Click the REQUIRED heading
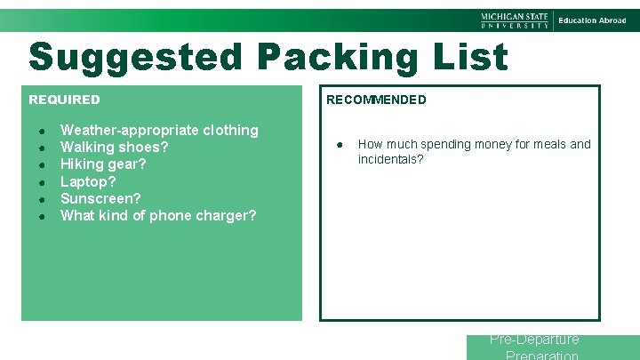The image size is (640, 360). pyautogui.click(x=65, y=100)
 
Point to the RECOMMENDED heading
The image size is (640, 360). pyautogui.click(x=376, y=100)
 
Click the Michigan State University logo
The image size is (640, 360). pyautogui.click(x=516, y=20)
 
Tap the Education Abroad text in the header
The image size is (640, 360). pyautogui.click(x=592, y=20)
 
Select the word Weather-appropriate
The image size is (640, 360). pyautogui.click(x=129, y=130)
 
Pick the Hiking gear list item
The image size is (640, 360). pyautogui.click(x=103, y=164)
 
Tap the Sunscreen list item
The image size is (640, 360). pyautogui.click(x=100, y=198)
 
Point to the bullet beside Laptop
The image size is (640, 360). pyautogui.click(x=42, y=182)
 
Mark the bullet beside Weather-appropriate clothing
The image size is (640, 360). pyautogui.click(x=42, y=131)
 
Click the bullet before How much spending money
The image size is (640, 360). pyautogui.click(x=340, y=145)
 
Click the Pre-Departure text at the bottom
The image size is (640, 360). pyautogui.click(x=534, y=340)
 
